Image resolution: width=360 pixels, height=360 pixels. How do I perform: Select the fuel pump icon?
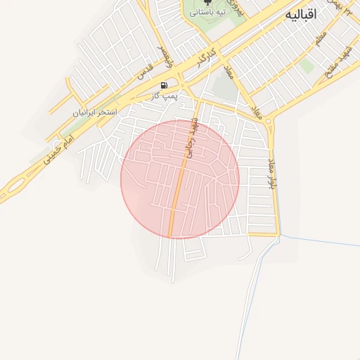tap(164, 85)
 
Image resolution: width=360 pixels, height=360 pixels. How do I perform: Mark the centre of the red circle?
tap(180, 179)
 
